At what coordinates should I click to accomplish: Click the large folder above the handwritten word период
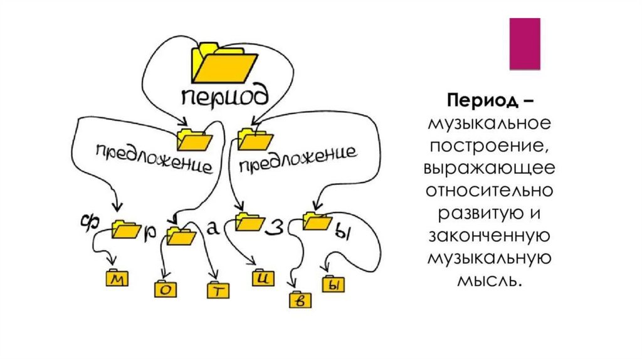tap(223, 63)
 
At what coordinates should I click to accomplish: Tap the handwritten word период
tap(225, 97)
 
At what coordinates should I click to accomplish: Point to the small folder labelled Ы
tap(333, 285)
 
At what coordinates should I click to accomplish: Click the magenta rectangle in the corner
tap(524, 43)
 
